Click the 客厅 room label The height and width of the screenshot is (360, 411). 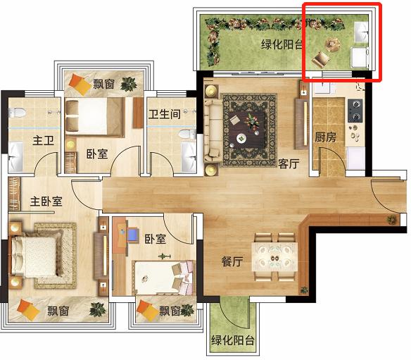(289, 164)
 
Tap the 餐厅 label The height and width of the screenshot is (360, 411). (232, 261)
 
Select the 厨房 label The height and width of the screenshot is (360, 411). (325, 137)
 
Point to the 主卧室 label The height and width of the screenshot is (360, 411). (46, 201)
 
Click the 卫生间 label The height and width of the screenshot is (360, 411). (165, 114)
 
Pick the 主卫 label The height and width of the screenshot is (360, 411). (43, 140)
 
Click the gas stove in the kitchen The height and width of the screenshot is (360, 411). (355, 111)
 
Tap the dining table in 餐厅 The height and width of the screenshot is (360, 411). (274, 257)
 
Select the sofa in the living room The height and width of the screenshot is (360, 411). (213, 131)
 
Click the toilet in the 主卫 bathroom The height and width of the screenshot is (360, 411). (17, 113)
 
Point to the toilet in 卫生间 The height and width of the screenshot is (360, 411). (187, 134)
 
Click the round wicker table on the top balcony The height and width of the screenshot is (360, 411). (333, 44)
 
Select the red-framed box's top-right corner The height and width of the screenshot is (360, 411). (381, 3)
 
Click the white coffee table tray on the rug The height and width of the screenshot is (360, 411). (241, 138)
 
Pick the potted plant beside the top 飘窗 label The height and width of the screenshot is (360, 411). (128, 84)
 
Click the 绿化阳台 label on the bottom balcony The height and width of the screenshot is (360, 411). (233, 340)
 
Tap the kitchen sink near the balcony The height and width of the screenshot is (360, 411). (324, 87)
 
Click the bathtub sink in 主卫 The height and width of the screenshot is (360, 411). (15, 156)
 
